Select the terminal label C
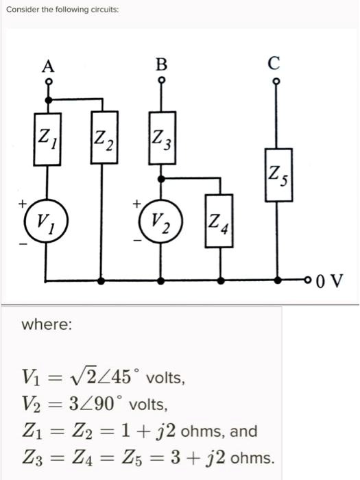(x=274, y=64)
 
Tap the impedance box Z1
(x=47, y=142)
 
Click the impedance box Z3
(x=161, y=142)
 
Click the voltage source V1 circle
(x=47, y=221)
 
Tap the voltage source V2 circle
(x=161, y=221)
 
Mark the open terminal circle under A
(x=47, y=82)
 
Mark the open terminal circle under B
(x=161, y=80)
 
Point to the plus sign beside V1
(x=22, y=203)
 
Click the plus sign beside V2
(x=137, y=203)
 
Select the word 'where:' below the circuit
(x=47, y=324)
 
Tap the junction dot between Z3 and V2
(x=161, y=178)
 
